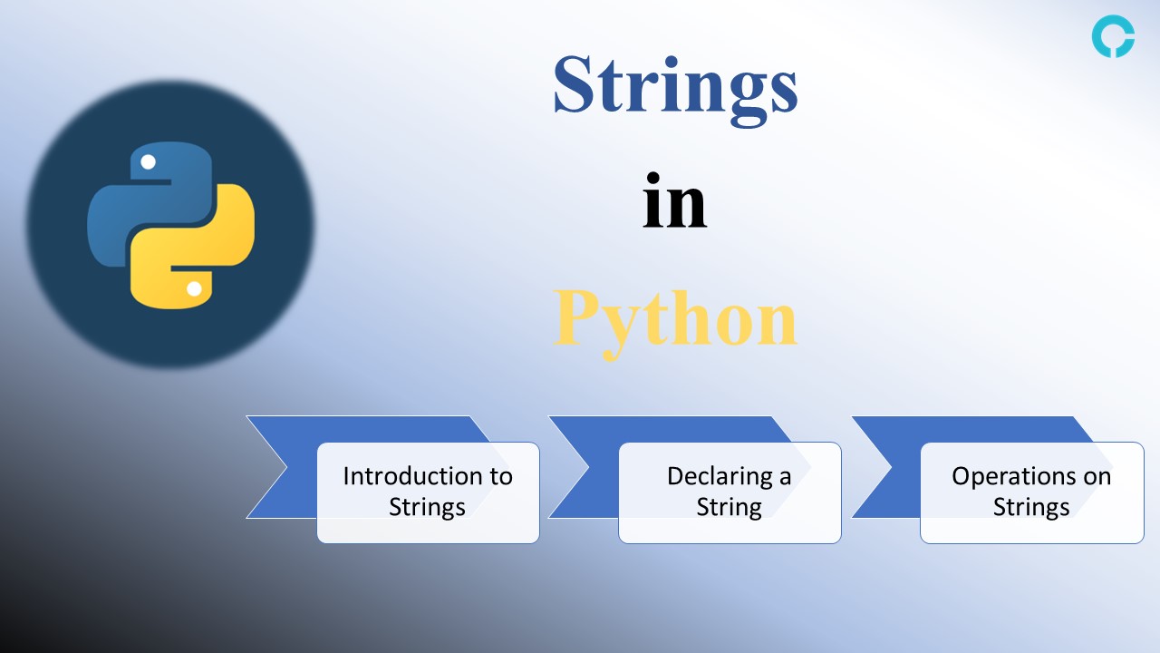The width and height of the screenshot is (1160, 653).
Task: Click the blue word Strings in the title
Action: [x=675, y=84]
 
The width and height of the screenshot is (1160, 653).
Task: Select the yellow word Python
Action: [x=675, y=319]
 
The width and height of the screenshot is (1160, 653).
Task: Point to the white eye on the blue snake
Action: [x=148, y=162]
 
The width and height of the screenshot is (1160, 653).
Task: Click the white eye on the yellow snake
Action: [x=194, y=288]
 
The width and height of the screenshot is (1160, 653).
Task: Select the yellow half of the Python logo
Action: [x=213, y=245]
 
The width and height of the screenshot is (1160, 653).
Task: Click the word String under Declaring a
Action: [x=729, y=507]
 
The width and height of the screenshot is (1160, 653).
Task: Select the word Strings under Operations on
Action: [x=1031, y=507]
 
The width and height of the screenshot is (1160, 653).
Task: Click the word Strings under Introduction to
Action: [x=427, y=507]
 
